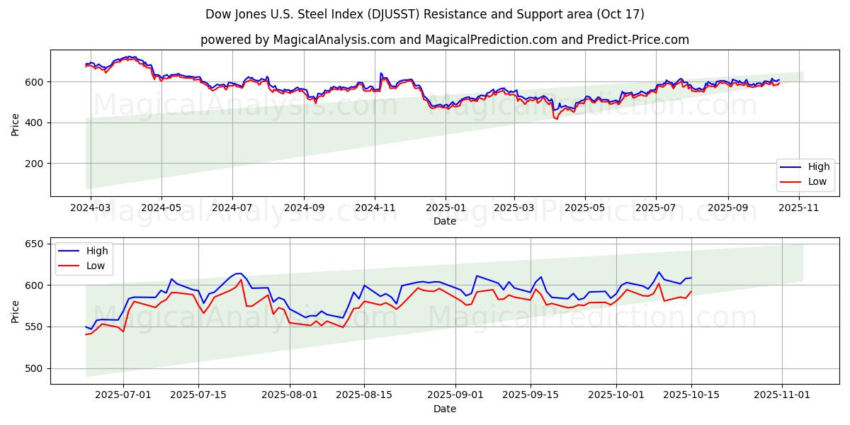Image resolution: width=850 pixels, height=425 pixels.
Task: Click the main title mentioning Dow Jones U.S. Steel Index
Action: (x=425, y=14)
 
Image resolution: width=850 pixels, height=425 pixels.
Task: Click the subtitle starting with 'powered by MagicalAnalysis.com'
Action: (x=444, y=40)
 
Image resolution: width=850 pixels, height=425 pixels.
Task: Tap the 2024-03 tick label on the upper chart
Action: (x=90, y=208)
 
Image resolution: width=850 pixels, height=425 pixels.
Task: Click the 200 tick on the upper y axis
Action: (x=35, y=164)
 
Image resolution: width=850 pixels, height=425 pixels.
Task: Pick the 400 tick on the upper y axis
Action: (x=35, y=123)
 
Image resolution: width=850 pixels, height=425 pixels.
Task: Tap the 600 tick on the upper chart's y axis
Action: (x=35, y=82)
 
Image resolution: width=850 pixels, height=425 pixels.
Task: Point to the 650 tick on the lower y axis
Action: (x=35, y=244)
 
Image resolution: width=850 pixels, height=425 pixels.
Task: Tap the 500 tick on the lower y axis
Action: (x=35, y=368)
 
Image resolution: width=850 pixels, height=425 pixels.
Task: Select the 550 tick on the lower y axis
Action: (x=35, y=327)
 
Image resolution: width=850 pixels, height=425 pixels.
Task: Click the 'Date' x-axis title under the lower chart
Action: (x=445, y=409)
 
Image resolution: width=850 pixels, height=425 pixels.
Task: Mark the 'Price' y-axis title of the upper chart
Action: (x=16, y=123)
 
